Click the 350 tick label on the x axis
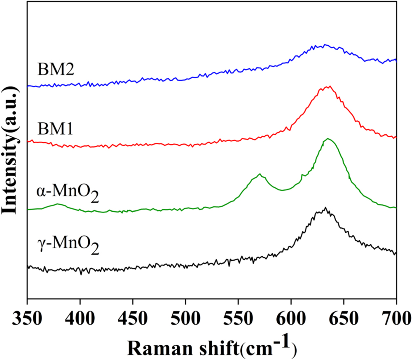tap(27, 318)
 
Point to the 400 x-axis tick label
tap(80, 318)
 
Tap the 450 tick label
tap(133, 318)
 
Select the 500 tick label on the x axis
tap(185, 318)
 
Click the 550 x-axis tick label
tap(238, 318)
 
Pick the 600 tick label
tap(291, 318)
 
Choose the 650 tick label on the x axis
tap(344, 318)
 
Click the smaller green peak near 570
tap(260, 174)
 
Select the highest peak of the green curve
tap(328, 139)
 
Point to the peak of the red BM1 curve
tap(329, 86)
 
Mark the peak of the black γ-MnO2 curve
tap(325, 208)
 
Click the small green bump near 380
tap(58, 204)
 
